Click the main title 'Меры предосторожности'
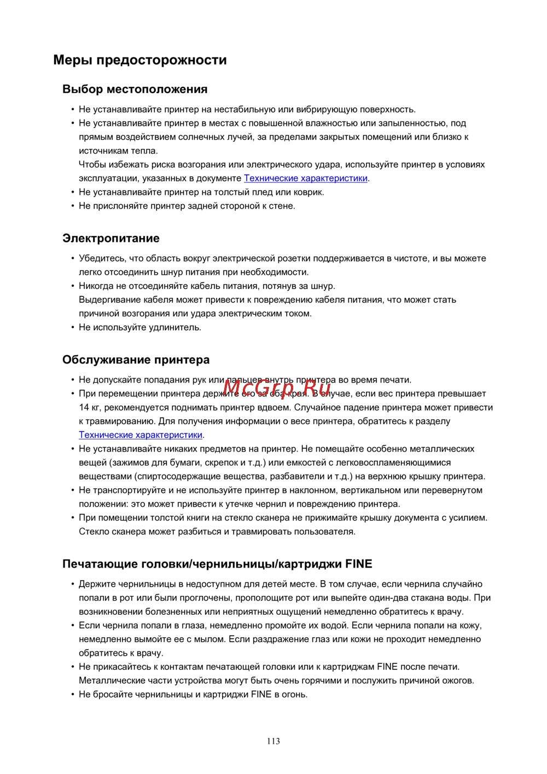coord(140,60)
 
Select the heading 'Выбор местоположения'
coord(135,89)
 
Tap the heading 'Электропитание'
coord(111,238)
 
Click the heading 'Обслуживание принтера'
coord(136,360)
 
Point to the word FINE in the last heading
coord(359,564)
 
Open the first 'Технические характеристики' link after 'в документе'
coord(305,178)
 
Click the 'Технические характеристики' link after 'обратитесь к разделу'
coord(141,435)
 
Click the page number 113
coord(273,741)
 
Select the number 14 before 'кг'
coord(84,408)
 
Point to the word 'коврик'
coord(309,192)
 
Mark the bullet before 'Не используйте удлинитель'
coord(72,327)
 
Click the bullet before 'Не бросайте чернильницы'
coord(72,695)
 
